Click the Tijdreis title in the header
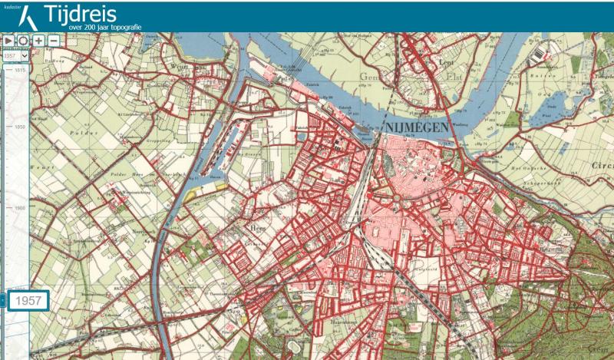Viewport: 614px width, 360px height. point(81,14)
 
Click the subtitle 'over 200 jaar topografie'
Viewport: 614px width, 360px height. point(94,27)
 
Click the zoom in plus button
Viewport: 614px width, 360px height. point(39,40)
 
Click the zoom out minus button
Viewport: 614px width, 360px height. point(54,40)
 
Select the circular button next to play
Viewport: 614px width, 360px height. point(23,40)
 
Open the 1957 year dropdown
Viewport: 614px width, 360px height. point(15,55)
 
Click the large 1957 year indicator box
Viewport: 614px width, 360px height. point(29,300)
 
